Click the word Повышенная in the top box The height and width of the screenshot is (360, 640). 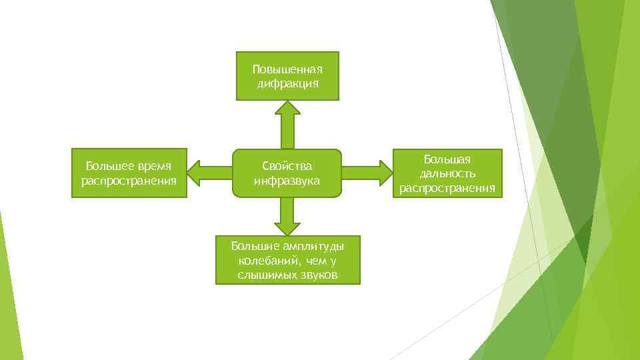pos(287,69)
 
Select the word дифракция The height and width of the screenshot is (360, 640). pos(287,83)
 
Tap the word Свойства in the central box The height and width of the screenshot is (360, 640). pos(287,166)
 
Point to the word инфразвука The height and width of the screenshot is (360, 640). pos(287,181)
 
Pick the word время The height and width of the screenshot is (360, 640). pos(154,166)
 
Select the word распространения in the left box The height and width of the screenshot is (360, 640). pos(129,181)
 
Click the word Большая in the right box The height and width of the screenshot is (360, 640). pos(447,160)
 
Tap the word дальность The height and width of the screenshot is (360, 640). pos(447,174)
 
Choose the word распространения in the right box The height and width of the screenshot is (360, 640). pos(447,188)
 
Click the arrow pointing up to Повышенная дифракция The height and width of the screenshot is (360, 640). pos(288,123)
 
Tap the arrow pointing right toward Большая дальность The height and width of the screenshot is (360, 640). pos(367,173)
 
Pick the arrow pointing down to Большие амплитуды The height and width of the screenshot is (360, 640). pos(287,216)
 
